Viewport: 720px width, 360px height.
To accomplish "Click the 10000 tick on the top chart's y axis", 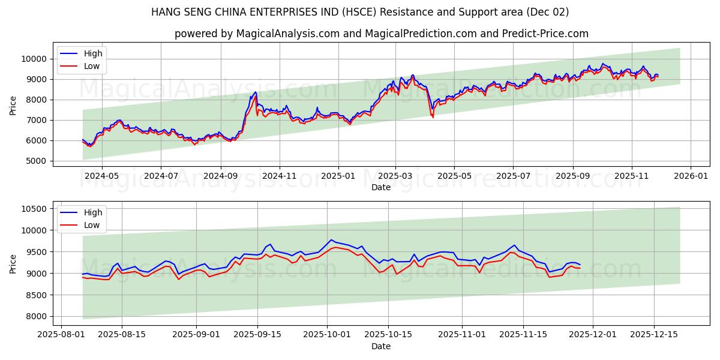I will (34, 59).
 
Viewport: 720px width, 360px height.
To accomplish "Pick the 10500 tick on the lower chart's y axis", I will (34, 209).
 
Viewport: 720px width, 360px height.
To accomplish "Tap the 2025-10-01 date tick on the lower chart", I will (327, 334).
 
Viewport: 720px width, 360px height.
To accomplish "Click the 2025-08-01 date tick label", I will (60, 334).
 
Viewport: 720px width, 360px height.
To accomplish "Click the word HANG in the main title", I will (165, 12).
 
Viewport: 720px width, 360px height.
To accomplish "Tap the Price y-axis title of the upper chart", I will (13, 105).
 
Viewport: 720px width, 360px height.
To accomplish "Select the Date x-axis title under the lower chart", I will (381, 346).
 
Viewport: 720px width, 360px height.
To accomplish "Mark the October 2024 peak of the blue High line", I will (255, 92).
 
